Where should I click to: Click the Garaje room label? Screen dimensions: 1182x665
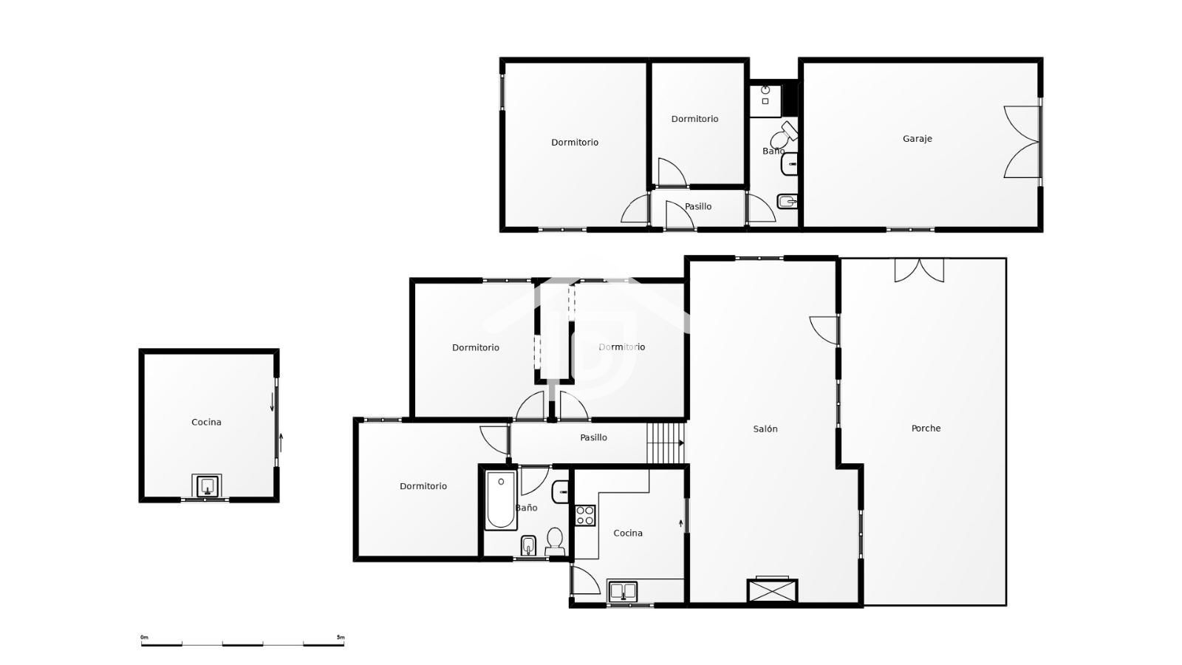(917, 139)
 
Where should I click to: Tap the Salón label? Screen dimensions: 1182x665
(765, 429)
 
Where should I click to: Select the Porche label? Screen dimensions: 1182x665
(926, 428)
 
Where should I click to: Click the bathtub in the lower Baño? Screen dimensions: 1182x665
(501, 500)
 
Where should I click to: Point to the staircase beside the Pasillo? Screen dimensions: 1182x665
(666, 443)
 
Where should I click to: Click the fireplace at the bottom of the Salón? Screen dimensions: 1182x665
(772, 590)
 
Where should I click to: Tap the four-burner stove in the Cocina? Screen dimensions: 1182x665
(584, 516)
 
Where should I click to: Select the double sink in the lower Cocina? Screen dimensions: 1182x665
(623, 592)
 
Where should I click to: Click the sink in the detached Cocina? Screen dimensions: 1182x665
(207, 485)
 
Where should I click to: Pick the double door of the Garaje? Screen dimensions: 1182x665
(1022, 142)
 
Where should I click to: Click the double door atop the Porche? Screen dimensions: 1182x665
(919, 270)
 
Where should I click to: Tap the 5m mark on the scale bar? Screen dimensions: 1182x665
(341, 638)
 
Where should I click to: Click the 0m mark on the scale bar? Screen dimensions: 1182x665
(145, 638)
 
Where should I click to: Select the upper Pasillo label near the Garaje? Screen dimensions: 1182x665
(698, 206)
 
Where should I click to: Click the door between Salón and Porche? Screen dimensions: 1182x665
(824, 330)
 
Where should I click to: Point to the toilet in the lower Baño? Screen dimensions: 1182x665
(555, 542)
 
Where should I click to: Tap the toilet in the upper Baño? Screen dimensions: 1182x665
(783, 136)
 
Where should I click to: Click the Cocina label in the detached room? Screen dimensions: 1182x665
(206, 422)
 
